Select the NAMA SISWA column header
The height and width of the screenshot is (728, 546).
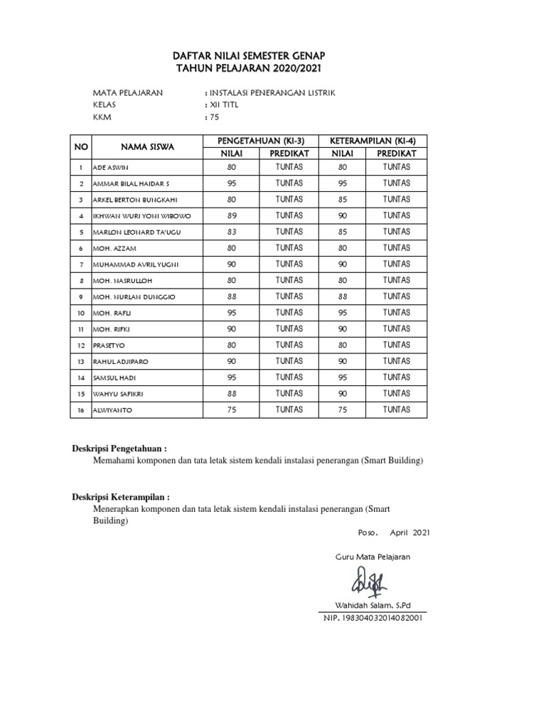147,146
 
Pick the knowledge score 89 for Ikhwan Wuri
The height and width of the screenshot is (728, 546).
230,215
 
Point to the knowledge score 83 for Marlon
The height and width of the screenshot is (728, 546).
230,232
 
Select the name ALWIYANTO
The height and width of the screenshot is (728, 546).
112,411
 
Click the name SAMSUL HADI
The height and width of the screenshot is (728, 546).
115,378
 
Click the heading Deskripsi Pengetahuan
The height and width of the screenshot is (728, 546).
119,449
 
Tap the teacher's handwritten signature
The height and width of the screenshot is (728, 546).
367,585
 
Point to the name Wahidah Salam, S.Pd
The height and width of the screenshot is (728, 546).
373,605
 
